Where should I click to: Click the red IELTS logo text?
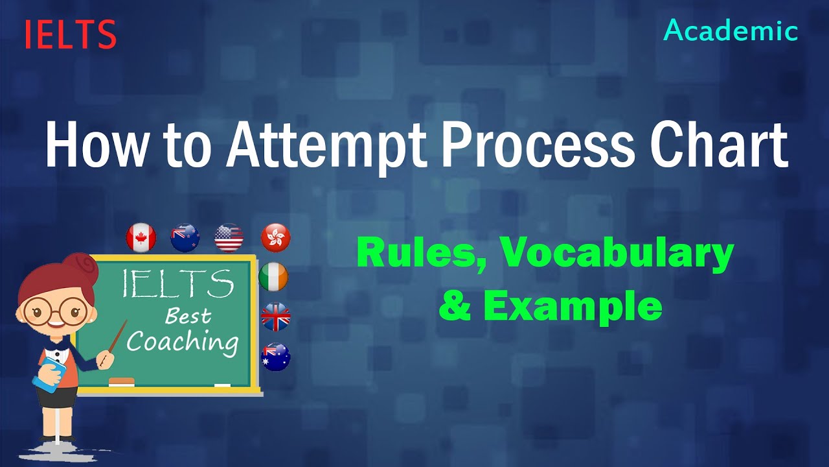click(71, 34)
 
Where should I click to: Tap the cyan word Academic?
click(731, 30)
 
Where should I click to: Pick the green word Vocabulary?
click(615, 254)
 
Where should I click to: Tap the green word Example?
click(573, 305)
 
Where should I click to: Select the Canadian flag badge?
click(141, 237)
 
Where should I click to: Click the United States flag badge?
click(229, 237)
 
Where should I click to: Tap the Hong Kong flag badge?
click(275, 237)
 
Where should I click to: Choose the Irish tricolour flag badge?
click(273, 277)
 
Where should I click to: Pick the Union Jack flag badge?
click(275, 317)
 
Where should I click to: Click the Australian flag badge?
click(275, 357)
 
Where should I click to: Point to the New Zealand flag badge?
click(185, 237)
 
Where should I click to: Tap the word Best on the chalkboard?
click(188, 316)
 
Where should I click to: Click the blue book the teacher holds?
click(51, 375)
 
